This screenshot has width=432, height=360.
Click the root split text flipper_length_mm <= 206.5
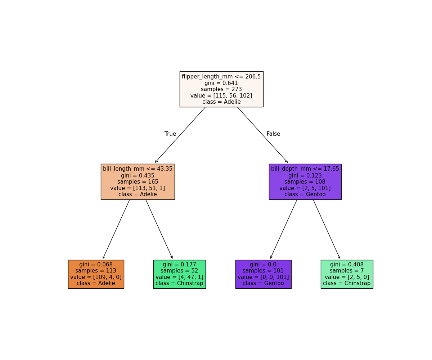221,77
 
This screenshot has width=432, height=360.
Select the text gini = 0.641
221,83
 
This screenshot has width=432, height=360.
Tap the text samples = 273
221,89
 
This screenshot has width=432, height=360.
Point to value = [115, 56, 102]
221,96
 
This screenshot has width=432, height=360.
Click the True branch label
170,134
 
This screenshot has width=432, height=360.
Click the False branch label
273,134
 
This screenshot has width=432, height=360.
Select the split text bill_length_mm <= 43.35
138,169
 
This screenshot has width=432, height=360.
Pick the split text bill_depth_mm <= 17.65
305,169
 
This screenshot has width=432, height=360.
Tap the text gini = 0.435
138,175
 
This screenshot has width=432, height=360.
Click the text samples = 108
305,182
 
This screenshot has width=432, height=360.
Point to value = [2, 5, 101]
305,188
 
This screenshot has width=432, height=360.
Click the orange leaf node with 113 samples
96,274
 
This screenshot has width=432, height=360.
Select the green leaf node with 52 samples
179,274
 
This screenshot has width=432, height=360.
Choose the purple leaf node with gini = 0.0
263,274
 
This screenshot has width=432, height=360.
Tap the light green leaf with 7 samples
347,274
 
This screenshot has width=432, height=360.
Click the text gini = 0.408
347,265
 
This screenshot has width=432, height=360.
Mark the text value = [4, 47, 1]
179,277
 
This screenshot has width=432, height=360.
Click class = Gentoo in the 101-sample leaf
263,283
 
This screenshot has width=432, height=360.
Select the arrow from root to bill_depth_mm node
262,135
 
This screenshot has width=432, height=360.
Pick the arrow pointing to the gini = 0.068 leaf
116,229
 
